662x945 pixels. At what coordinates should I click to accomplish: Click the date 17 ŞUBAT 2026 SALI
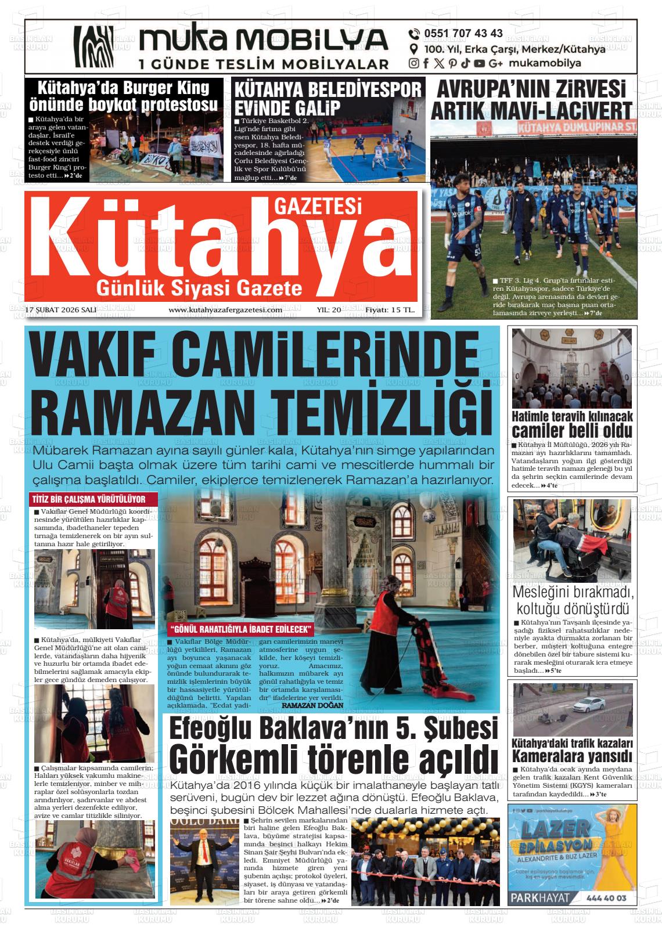pyautogui.click(x=62, y=310)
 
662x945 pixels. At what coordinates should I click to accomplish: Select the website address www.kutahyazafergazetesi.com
pyautogui.click(x=225, y=310)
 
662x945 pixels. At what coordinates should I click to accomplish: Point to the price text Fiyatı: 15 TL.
pyautogui.click(x=390, y=310)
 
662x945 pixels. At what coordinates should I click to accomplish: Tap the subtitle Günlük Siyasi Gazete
pyautogui.click(x=200, y=287)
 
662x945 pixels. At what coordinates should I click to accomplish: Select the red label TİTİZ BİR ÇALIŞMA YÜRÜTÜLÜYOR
pyautogui.click(x=88, y=499)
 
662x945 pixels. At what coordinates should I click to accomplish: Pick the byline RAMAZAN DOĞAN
pyautogui.click(x=312, y=705)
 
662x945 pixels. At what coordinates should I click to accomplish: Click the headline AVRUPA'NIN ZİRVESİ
pyautogui.click(x=531, y=89)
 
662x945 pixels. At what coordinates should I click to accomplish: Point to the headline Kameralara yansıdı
pyautogui.click(x=572, y=756)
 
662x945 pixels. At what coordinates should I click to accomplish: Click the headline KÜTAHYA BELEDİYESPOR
pyautogui.click(x=327, y=89)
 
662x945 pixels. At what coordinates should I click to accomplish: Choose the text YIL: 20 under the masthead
pyautogui.click(x=329, y=310)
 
